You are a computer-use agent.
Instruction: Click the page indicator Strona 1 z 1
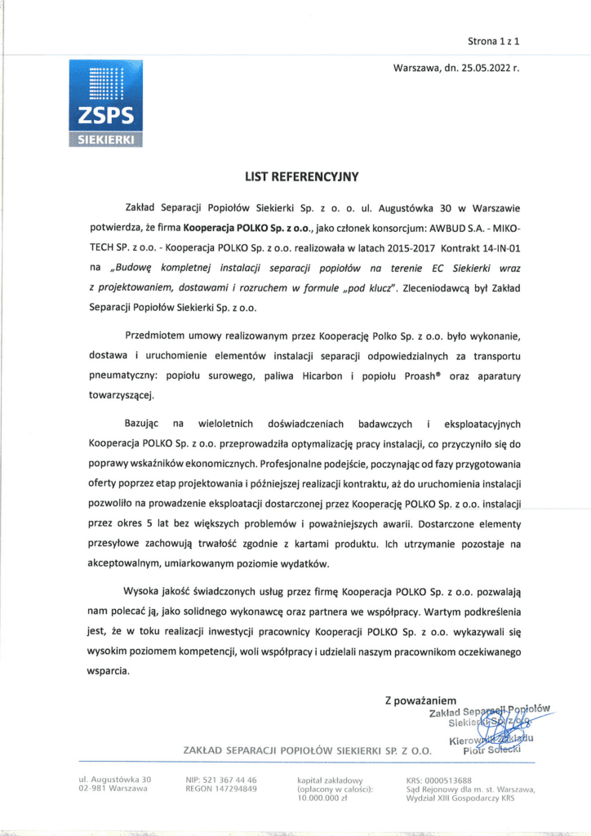(493, 39)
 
